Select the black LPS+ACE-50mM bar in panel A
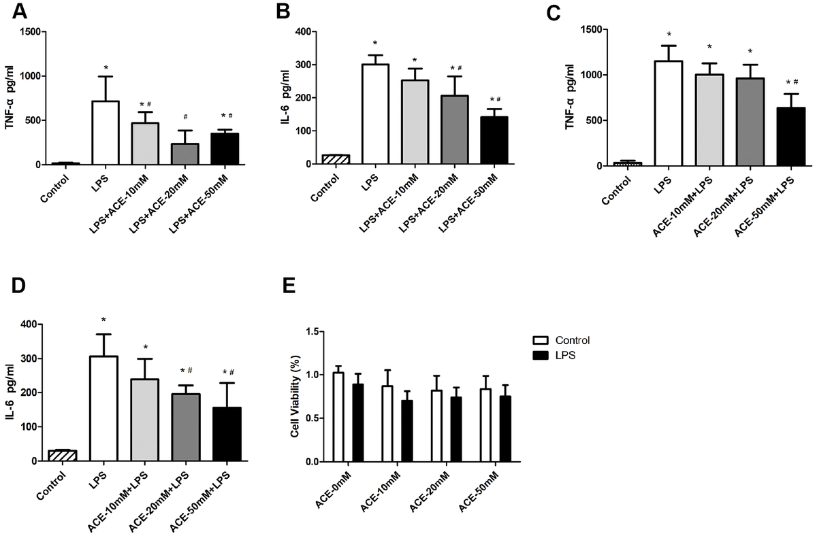pyautogui.click(x=224, y=149)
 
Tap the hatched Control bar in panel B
pyautogui.click(x=335, y=160)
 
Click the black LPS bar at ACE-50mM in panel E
pyautogui.click(x=504, y=428)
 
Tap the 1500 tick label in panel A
pyautogui.click(x=30, y=31)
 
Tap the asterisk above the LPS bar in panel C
pyautogui.click(x=669, y=35)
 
